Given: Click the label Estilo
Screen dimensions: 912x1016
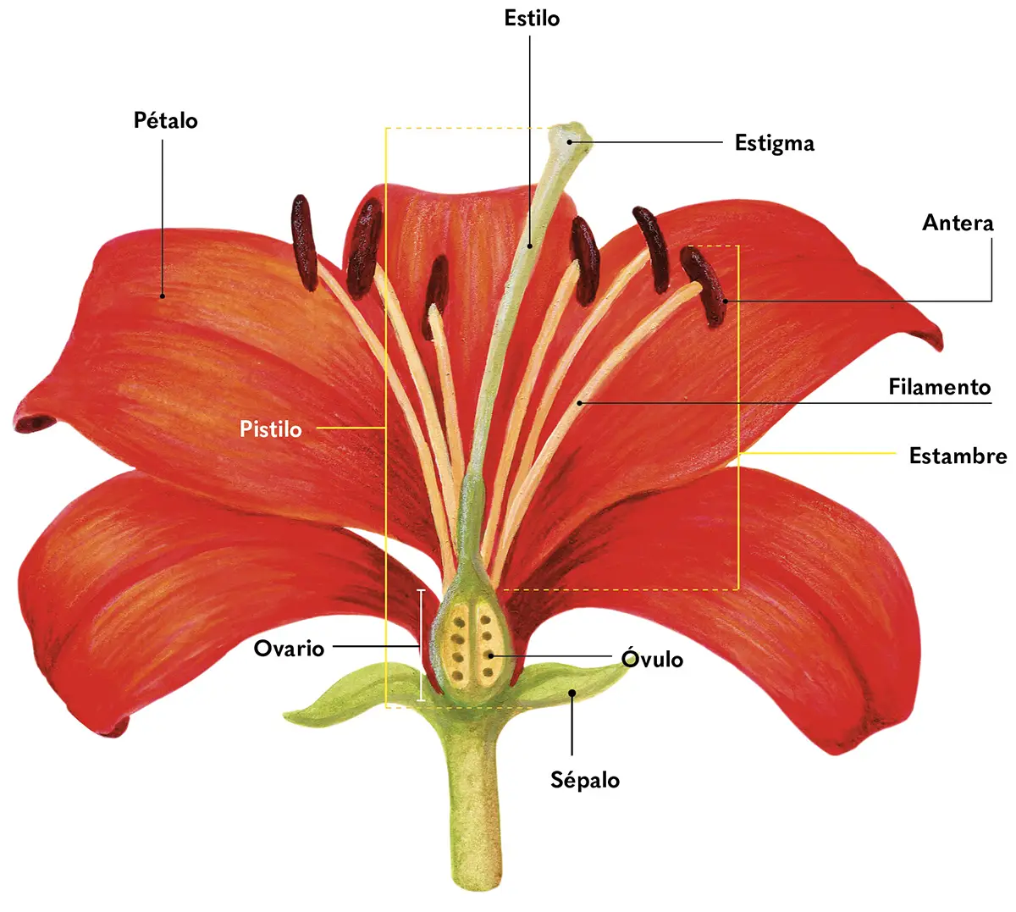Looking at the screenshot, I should coord(532,19).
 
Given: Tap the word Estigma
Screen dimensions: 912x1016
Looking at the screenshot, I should coord(774,143).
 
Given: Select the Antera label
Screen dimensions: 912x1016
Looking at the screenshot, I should coord(958,224).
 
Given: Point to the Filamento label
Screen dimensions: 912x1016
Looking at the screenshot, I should coord(939,387).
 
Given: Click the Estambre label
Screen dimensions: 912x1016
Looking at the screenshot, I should coord(958,456).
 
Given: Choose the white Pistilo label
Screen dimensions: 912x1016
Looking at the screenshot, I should coord(270,429).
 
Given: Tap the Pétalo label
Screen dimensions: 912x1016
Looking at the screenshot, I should coord(166,120).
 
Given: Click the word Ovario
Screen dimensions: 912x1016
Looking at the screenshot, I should coord(289,649).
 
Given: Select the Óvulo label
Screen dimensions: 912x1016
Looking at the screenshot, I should coord(652,659).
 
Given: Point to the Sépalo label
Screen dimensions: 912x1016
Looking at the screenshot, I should coord(585,780).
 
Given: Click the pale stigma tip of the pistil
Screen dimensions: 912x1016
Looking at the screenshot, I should coord(571,135).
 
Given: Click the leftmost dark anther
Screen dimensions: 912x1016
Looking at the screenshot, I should coord(304,242).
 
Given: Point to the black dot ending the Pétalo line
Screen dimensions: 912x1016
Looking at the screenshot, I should coord(163,296).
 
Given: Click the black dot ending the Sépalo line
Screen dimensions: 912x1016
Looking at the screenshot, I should coord(572,693).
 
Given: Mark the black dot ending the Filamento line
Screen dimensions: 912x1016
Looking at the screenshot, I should coord(580,403).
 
